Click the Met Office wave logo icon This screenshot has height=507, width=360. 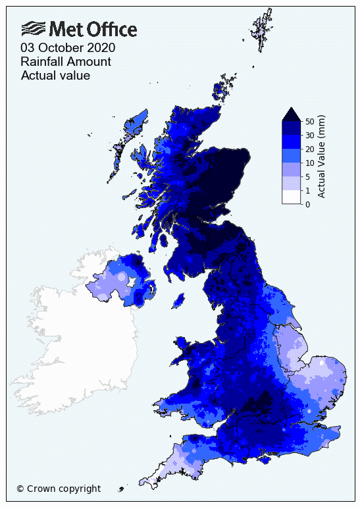pos(34,28)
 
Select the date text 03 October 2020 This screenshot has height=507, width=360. pos(68,48)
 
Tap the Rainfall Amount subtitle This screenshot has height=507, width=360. pos(66,62)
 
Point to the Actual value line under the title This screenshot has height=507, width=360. pos(55,76)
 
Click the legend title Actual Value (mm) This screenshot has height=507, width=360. pos(322,156)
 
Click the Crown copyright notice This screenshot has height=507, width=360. pos(59,489)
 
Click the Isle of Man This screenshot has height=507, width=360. pos(177,300)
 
